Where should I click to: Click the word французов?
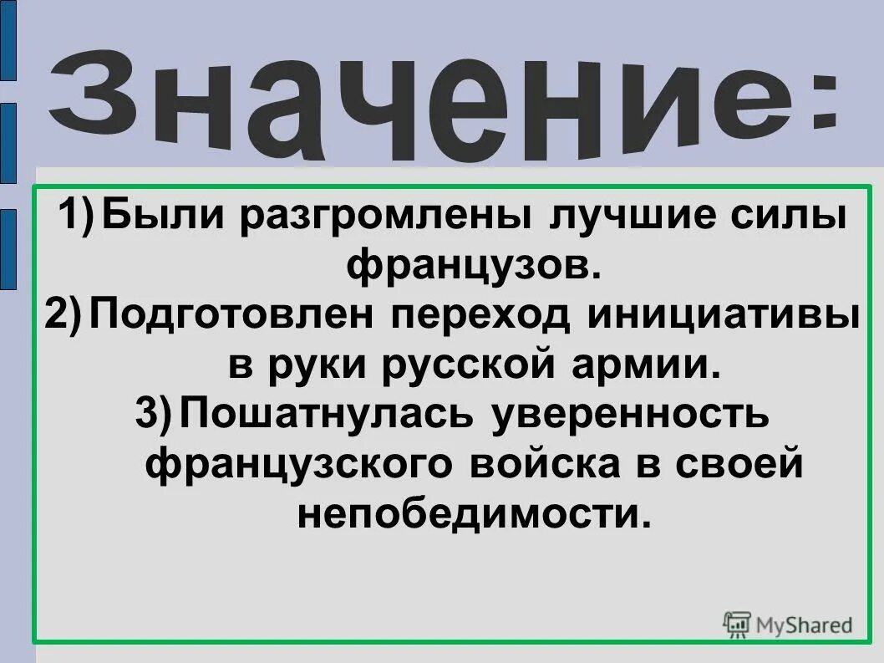[x=473, y=266]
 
